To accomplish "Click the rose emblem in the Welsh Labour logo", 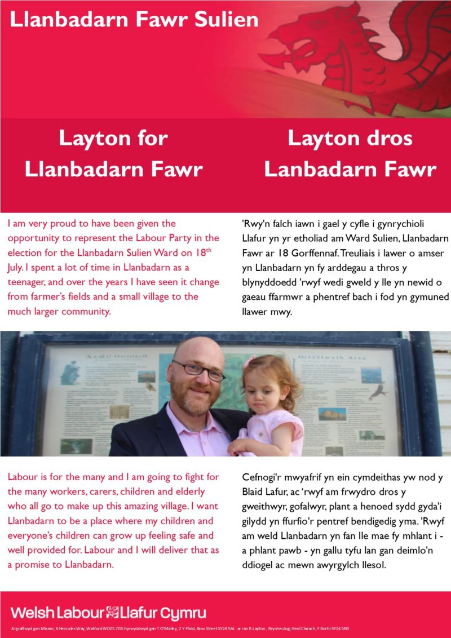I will coord(113,613).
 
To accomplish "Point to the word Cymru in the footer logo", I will coord(183,613).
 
